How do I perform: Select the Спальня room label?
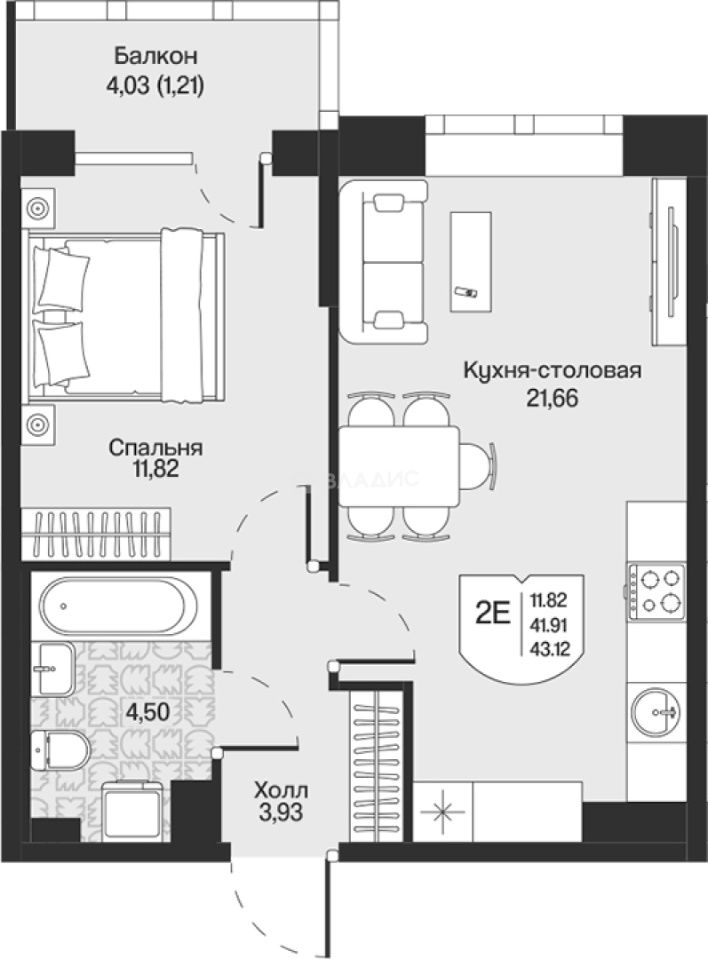tap(155, 448)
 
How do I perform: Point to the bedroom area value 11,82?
tap(155, 470)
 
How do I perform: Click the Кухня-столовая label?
tap(552, 371)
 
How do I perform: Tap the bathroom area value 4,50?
tap(148, 711)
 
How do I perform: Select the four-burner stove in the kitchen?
tap(656, 591)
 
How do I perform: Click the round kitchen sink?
tap(656, 711)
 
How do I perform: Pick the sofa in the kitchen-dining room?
tap(384, 261)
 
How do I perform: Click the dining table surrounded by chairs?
tap(398, 465)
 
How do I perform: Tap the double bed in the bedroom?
tap(124, 310)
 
